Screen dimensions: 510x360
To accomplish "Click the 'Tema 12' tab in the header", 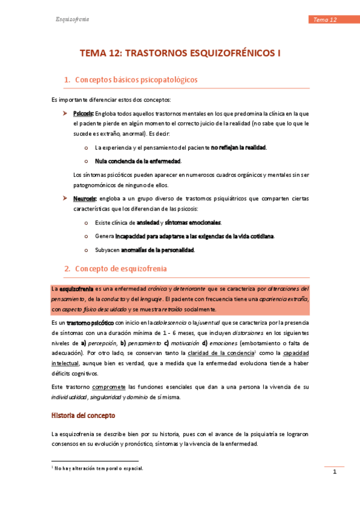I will click(x=325, y=20).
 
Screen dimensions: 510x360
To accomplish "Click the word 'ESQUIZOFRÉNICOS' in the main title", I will click(x=227, y=54).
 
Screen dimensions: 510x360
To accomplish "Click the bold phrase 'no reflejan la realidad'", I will click(x=239, y=147).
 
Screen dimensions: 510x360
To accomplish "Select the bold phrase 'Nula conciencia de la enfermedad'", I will click(x=138, y=161).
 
